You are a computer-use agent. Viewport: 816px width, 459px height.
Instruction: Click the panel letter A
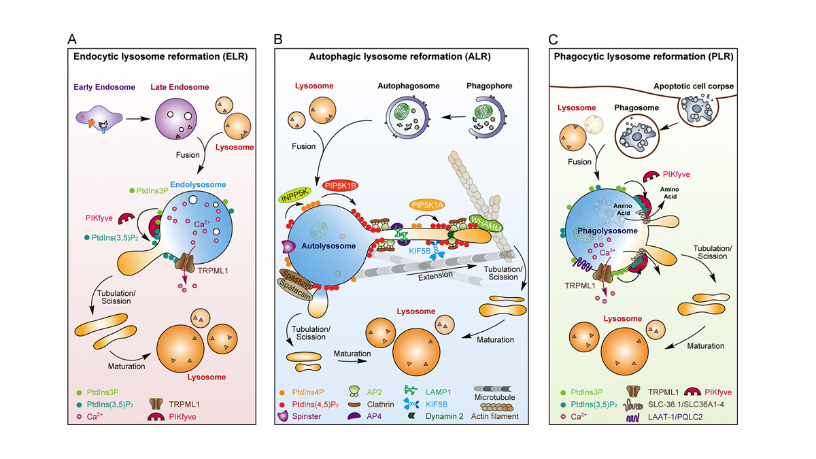tap(71, 39)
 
